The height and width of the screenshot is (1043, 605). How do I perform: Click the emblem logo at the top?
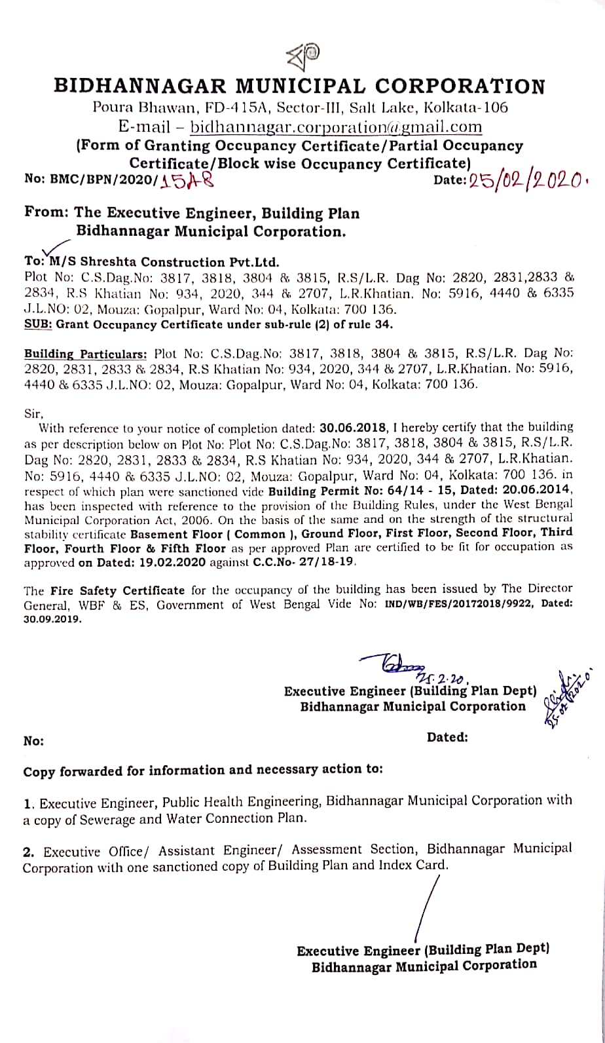[303, 58]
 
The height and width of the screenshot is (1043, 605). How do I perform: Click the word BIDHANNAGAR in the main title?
[138, 86]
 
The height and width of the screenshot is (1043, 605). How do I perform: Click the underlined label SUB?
[38, 324]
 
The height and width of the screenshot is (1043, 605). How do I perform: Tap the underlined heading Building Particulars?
[85, 354]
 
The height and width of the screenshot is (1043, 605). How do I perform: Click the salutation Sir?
[33, 413]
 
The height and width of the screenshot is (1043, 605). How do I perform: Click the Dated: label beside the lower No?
[447, 737]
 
